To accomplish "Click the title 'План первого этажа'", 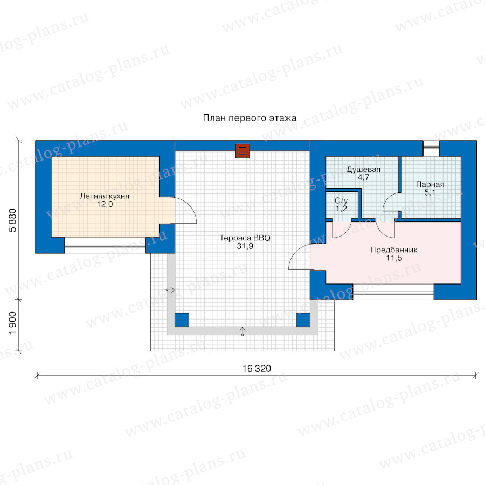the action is click(250, 118).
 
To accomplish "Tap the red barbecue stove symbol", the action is click(242, 151).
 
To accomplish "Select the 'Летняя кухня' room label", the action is click(105, 196).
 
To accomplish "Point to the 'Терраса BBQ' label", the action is click(245, 238).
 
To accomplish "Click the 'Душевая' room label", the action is click(363, 170).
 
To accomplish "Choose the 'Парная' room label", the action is click(430, 185).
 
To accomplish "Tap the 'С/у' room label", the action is click(341, 201).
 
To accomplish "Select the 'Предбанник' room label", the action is click(394, 250).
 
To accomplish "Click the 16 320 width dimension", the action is click(257, 369).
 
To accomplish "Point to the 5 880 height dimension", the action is click(12, 220).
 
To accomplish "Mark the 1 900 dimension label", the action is click(12, 323).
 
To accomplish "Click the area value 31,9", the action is click(245, 246).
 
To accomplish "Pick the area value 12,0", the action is click(105, 204).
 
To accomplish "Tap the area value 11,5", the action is click(394, 258).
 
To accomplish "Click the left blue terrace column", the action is click(182, 320).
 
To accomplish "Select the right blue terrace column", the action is click(303, 320).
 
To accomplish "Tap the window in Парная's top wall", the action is click(431, 149).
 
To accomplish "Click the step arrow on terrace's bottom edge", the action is click(242, 331).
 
